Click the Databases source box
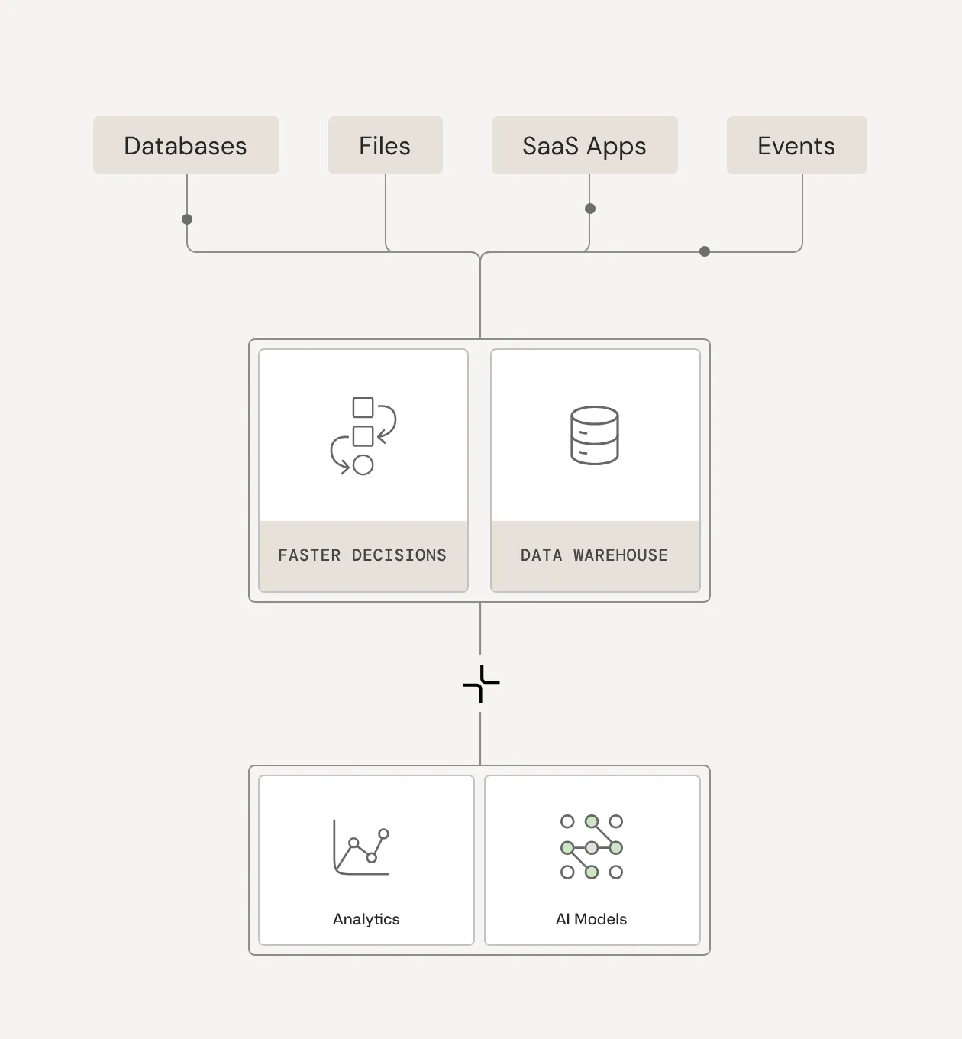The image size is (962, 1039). [x=186, y=145]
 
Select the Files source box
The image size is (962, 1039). [x=385, y=145]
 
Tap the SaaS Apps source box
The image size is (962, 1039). [x=584, y=145]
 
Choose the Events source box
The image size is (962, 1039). [x=796, y=145]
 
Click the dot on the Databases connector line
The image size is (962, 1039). [x=187, y=219]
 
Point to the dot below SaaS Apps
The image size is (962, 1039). [x=590, y=209]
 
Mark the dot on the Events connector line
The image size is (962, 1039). [x=705, y=251]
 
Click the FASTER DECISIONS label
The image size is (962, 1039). [x=362, y=555]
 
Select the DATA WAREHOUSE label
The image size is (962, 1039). [x=594, y=555]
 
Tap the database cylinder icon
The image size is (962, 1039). [x=595, y=435]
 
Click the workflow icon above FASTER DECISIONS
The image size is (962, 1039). [x=363, y=435]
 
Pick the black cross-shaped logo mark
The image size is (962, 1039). [x=481, y=684]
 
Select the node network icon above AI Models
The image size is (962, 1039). [x=592, y=846]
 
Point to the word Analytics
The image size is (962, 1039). [x=366, y=919]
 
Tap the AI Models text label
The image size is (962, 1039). [x=591, y=919]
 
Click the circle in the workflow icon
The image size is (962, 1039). [x=363, y=464]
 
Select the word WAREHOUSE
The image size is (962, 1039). [x=621, y=555]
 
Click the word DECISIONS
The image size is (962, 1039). [x=399, y=555]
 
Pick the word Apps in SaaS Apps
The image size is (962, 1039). [x=616, y=147]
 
